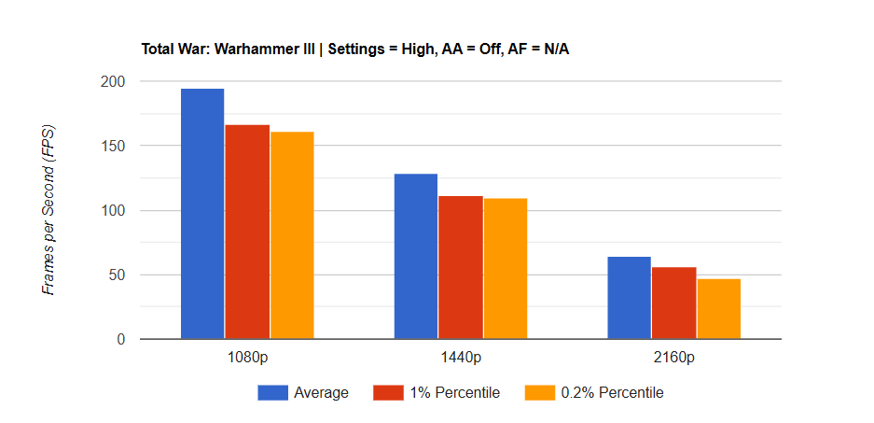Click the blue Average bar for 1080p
pos(202,214)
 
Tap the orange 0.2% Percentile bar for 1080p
pos(292,235)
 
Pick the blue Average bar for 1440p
pos(415,257)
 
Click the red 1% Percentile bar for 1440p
pos(461,268)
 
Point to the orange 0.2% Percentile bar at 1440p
pos(506,269)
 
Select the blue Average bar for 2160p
pos(629,298)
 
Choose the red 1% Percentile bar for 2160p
pos(673,303)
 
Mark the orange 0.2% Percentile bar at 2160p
pos(718,309)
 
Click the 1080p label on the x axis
pos(247,358)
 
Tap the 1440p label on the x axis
pos(461,358)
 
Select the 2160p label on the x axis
pos(673,358)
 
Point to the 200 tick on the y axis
pos(114,82)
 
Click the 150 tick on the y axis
pos(114,147)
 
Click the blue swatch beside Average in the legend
pos(272,393)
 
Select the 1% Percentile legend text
pos(454,393)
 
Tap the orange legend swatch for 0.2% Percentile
pos(539,393)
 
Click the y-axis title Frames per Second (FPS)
pos(49,210)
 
